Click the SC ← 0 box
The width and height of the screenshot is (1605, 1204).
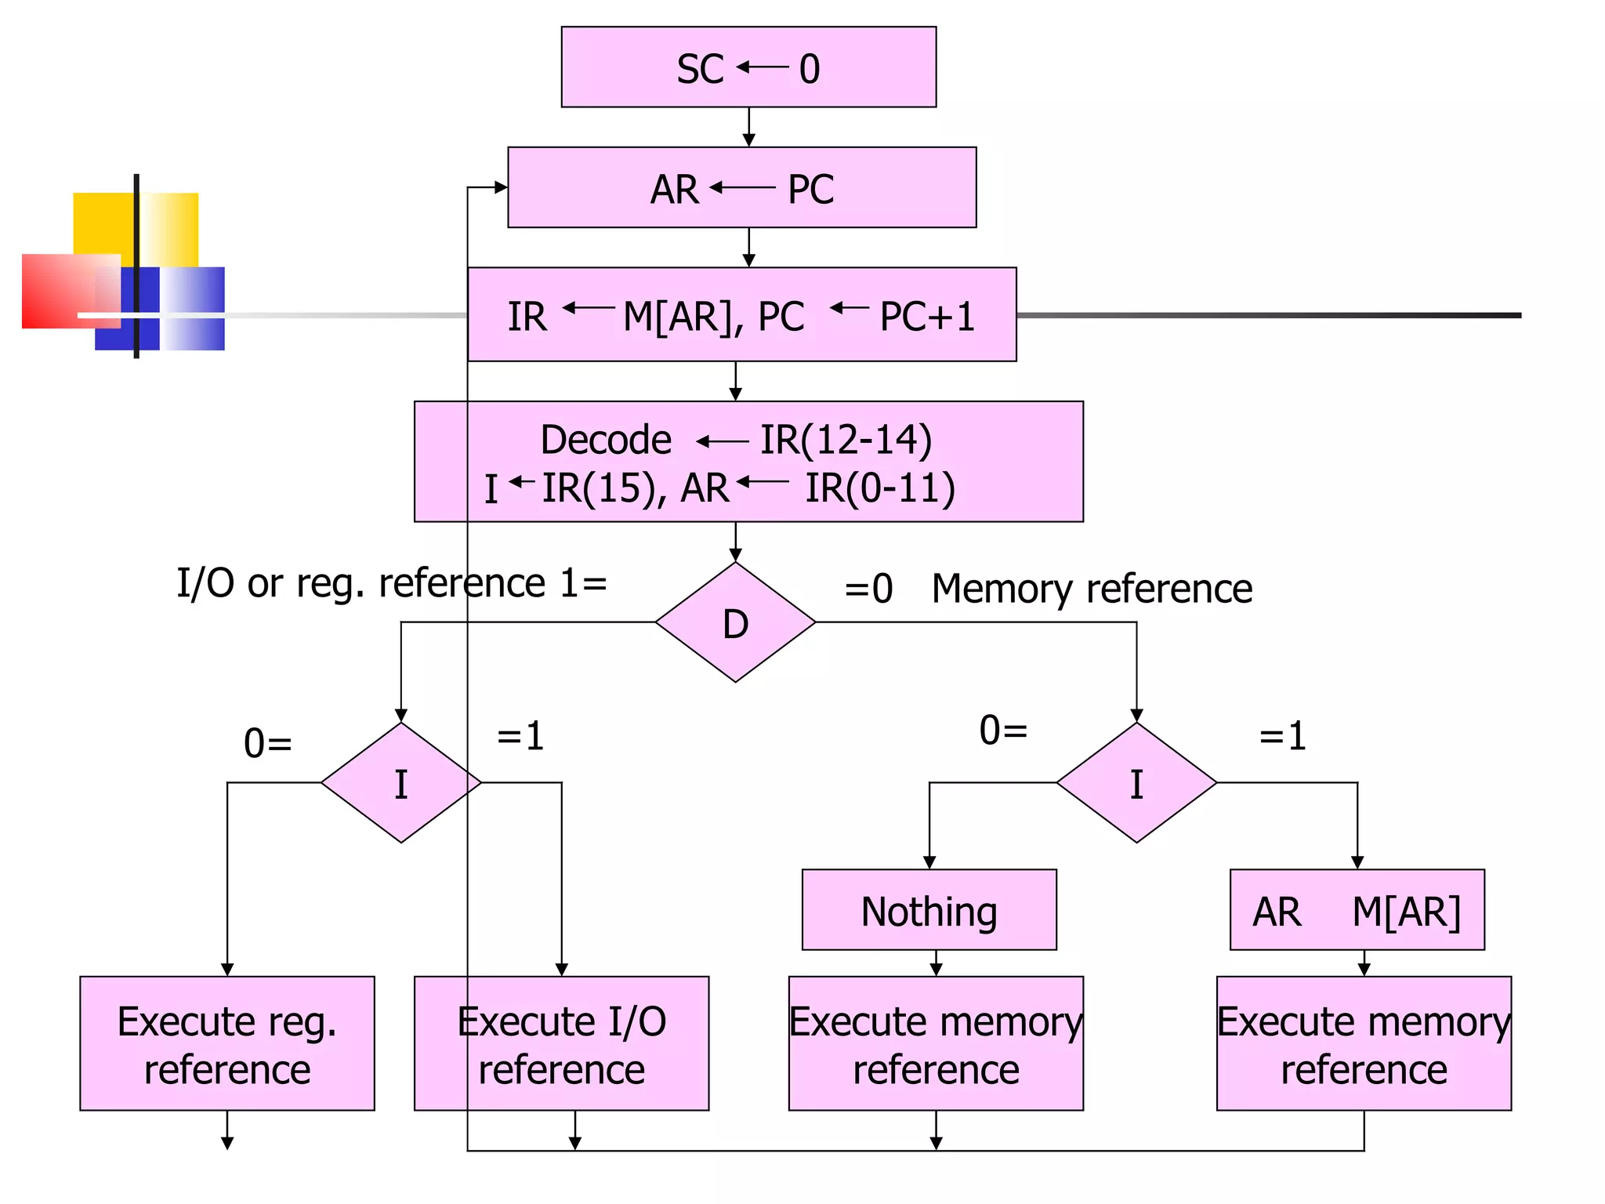748,67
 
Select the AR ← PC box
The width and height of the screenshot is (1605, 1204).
741,188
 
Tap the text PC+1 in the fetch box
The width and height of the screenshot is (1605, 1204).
926,317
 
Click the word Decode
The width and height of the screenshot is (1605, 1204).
606,440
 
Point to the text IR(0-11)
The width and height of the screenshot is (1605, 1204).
880,488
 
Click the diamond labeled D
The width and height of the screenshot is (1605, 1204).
735,623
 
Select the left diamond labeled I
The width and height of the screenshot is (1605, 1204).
400,783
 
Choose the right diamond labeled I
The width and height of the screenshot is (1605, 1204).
1136,783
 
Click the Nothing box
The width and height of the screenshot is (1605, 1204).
929,910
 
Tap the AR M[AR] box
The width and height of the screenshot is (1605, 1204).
1357,910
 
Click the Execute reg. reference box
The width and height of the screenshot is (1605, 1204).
227,1043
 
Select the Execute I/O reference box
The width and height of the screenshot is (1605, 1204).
561,1043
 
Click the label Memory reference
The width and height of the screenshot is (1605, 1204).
1092,589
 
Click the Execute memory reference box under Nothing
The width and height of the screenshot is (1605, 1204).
936,1043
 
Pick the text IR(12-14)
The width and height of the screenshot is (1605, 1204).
846,440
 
